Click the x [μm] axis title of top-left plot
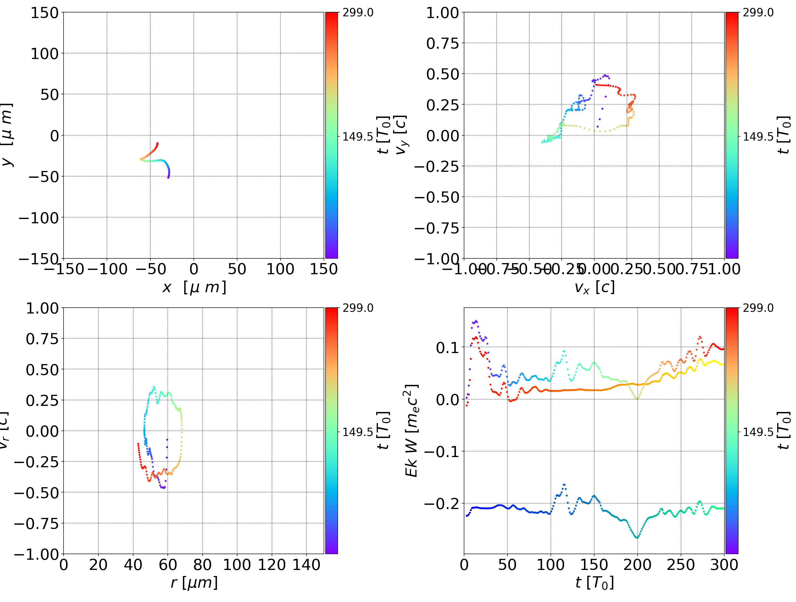click(x=194, y=287)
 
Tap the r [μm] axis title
click(x=194, y=583)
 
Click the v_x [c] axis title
click(x=594, y=287)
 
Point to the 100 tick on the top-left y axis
click(x=44, y=54)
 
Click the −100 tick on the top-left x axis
click(x=107, y=269)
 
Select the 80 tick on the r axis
click(x=202, y=565)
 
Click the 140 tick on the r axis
click(x=306, y=565)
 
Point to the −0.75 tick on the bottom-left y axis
click(x=36, y=523)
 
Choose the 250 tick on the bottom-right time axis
click(x=680, y=565)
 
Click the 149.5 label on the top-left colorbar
click(x=358, y=137)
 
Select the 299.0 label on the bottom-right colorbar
click(x=758, y=308)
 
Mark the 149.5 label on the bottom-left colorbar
click(x=358, y=432)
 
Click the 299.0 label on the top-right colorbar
click(x=758, y=13)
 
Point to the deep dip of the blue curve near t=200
click(x=637, y=537)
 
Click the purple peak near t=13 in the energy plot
click(x=476, y=321)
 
